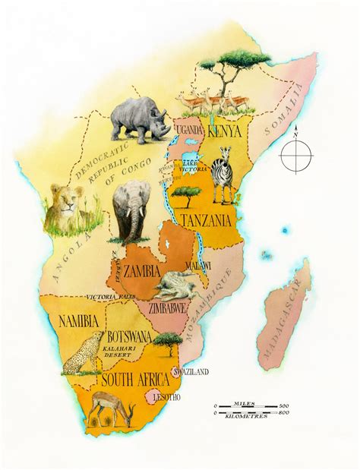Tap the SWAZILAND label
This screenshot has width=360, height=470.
click(x=189, y=373)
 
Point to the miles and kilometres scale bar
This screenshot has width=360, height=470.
click(x=251, y=410)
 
